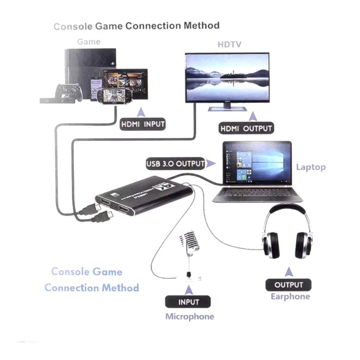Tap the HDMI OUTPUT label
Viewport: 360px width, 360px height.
click(246, 128)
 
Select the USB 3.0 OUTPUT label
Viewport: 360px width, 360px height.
click(175, 164)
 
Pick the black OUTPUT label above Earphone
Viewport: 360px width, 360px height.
click(289, 284)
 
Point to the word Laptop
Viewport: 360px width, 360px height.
click(311, 167)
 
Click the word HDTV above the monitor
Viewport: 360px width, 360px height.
click(226, 44)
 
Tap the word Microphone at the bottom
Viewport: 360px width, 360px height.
click(189, 316)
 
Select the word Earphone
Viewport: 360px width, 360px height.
click(290, 297)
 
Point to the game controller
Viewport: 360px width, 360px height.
click(69, 92)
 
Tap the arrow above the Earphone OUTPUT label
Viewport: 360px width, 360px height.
click(289, 271)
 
